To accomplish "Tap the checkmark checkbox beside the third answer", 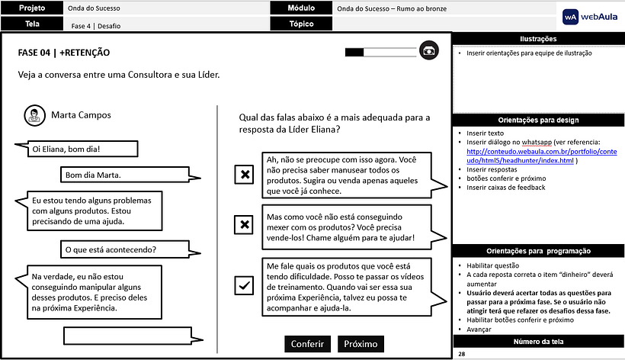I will pos(244,285).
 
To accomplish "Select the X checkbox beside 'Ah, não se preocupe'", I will pos(244,175).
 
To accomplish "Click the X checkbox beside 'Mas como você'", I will pos(244,224).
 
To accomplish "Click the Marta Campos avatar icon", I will pos(34,115).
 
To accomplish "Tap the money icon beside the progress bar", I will pos(429,51).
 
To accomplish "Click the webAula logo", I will pos(591,16).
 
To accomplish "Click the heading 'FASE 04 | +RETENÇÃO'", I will pos(64,53).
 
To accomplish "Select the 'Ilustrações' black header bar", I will pos(538,39).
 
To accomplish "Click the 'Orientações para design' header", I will pos(538,120).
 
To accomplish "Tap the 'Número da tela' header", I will pos(538,342).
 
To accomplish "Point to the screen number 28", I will pos(463,355).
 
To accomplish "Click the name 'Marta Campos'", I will pos(81,115).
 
